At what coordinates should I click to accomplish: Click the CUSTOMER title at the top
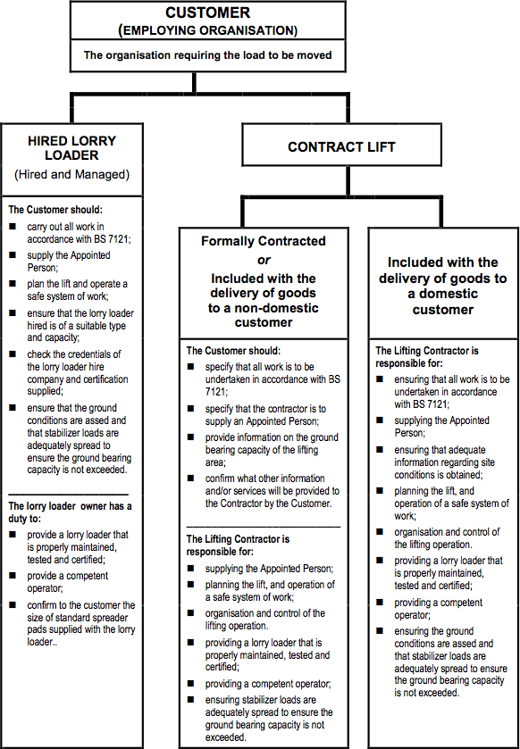coord(206,13)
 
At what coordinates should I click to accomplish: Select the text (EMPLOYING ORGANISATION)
coord(207,29)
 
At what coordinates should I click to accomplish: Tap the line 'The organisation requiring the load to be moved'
coord(207,55)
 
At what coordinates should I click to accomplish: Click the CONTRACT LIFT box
coord(341,147)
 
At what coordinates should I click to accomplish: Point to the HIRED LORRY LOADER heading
coord(71,148)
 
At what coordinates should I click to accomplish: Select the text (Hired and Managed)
coord(71,175)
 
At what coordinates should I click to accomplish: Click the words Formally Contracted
coord(263,241)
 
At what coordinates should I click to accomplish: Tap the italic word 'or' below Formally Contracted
coord(263,260)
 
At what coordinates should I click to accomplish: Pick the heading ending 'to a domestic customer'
coord(443,286)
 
